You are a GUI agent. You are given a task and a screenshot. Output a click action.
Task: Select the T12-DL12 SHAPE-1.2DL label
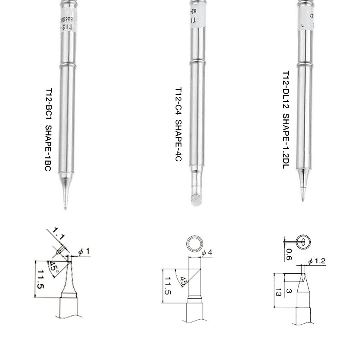pos(286,119)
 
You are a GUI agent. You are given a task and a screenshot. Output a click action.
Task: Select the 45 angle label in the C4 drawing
pos(184,281)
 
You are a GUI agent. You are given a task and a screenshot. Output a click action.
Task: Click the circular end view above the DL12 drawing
pos(303,242)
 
